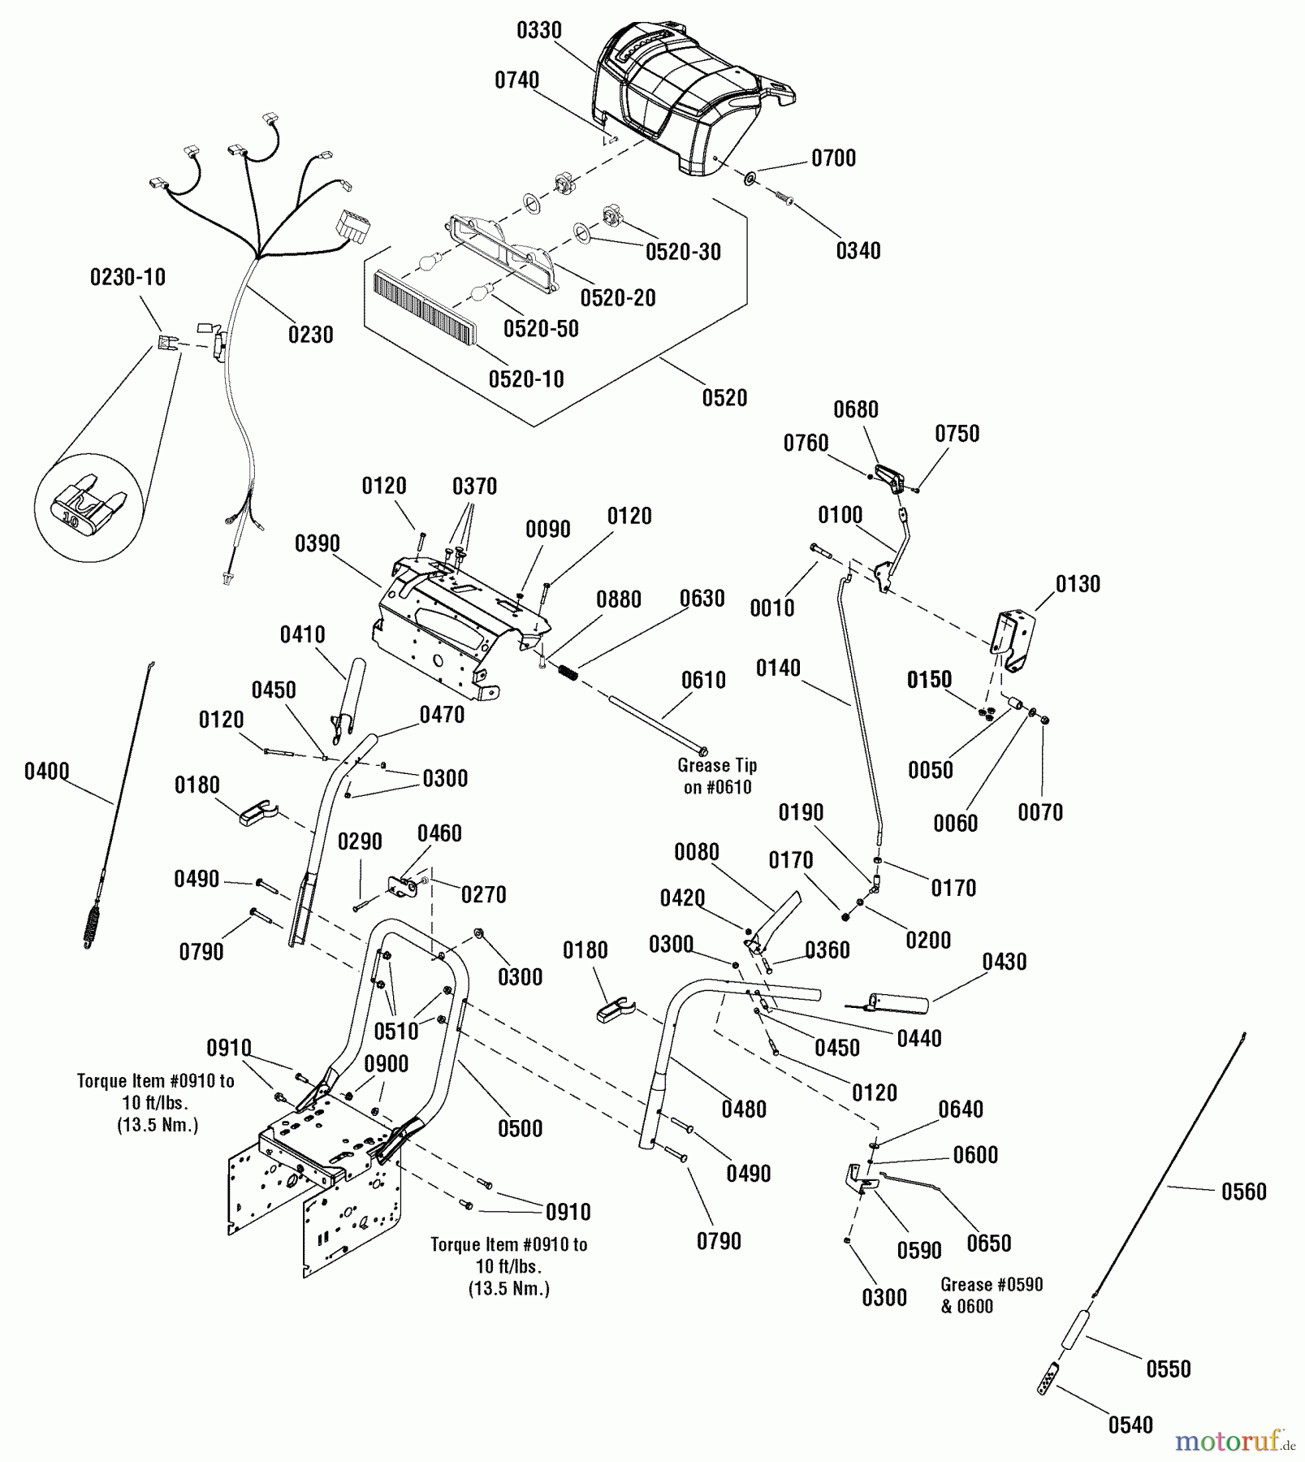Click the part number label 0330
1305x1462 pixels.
click(x=539, y=31)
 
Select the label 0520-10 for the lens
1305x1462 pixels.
click(x=526, y=379)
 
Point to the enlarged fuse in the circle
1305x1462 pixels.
click(x=89, y=508)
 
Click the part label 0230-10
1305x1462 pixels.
click(x=127, y=277)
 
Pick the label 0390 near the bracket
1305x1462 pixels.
click(x=318, y=543)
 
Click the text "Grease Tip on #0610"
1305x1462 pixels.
click(x=717, y=776)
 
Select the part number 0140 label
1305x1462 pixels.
click(x=778, y=668)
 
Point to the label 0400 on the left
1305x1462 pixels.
click(x=46, y=771)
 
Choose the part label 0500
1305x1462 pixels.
click(x=521, y=1128)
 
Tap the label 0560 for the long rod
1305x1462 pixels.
click(x=1244, y=1192)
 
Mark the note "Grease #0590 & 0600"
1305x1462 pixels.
click(x=992, y=1295)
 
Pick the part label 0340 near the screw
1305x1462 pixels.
click(x=858, y=251)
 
